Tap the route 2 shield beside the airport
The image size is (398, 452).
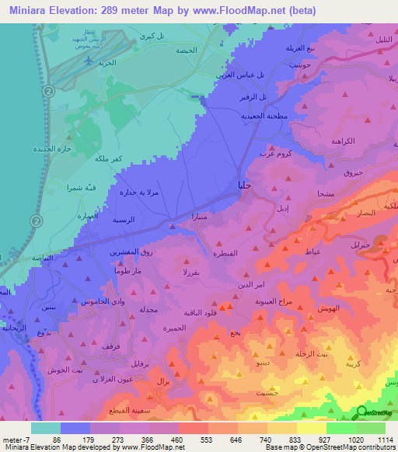[48, 91]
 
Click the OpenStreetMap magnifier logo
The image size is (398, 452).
[361, 412]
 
